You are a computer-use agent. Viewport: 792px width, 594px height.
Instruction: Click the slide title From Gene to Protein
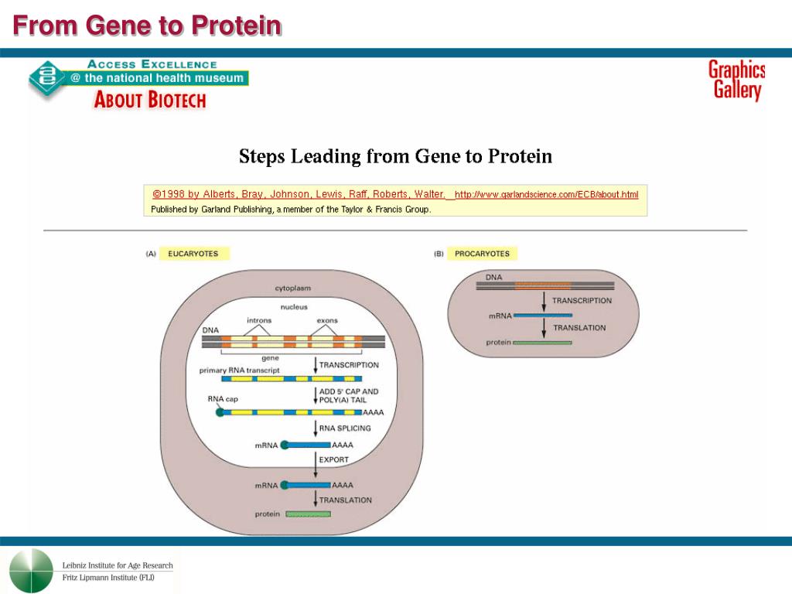point(147,26)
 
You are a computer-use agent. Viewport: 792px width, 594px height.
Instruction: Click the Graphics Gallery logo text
point(736,80)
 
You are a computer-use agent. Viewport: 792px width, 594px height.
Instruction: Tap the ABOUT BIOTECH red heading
point(149,100)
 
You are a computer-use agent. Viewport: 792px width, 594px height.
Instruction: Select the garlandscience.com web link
point(546,194)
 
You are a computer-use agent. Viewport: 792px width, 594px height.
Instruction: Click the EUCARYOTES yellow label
point(193,254)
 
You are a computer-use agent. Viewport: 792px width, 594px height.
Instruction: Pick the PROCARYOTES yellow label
point(482,254)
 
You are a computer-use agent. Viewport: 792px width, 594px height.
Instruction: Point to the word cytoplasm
point(293,288)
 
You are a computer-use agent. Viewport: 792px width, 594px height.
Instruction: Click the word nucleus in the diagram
point(294,307)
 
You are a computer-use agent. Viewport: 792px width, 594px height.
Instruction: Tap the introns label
point(259,320)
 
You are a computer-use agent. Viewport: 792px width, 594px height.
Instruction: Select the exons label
point(327,320)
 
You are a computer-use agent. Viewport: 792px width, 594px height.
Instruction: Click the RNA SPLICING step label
point(345,428)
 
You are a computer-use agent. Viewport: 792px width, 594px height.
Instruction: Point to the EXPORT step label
point(334,459)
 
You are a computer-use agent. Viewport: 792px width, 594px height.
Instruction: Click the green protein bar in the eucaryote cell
point(308,514)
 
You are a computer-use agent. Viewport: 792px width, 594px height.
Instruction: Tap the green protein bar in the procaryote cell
point(542,342)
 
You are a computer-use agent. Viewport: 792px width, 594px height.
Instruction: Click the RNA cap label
point(223,399)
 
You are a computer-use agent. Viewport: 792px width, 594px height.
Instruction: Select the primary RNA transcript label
point(240,370)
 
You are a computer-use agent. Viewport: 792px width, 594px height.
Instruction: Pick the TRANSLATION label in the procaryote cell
point(579,328)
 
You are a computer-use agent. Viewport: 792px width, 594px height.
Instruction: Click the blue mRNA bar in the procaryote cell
point(543,316)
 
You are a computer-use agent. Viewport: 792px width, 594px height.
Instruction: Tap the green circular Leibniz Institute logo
point(32,571)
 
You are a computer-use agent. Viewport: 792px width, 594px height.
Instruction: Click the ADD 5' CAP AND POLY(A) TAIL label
point(349,396)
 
